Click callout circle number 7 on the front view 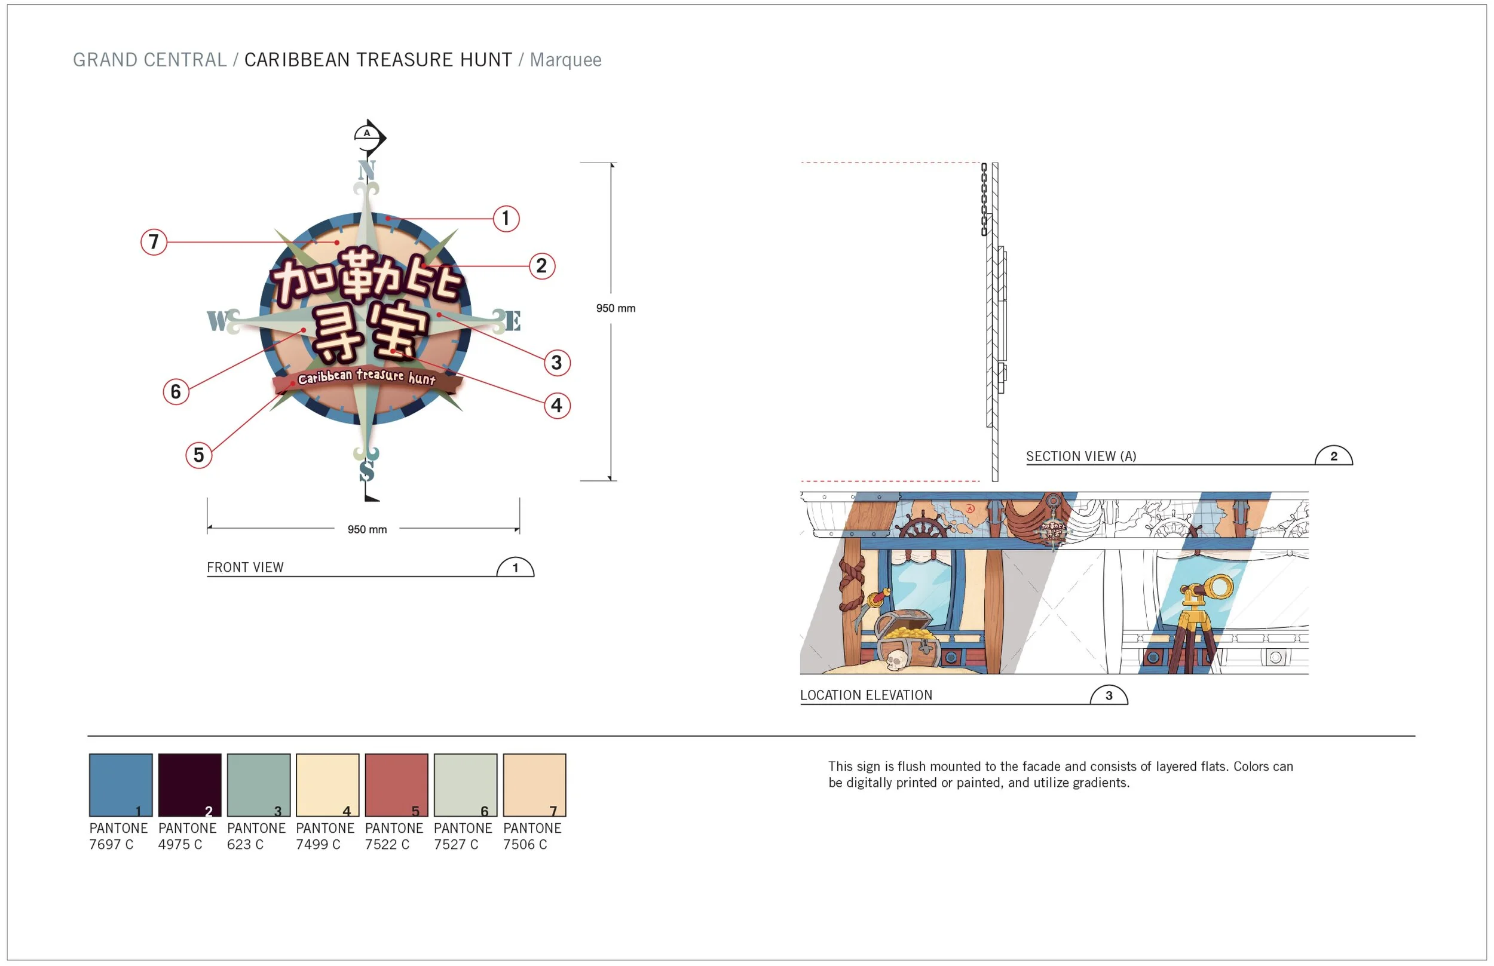pyautogui.click(x=154, y=241)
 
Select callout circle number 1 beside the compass pyautogui.click(x=506, y=218)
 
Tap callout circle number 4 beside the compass pyautogui.click(x=556, y=405)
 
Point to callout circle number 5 pyautogui.click(x=199, y=455)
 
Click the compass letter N pyautogui.click(x=366, y=170)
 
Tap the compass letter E pyautogui.click(x=513, y=321)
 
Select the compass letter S pyautogui.click(x=367, y=471)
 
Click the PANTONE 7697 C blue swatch pyautogui.click(x=121, y=785)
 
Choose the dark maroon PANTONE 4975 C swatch pyautogui.click(x=189, y=785)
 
